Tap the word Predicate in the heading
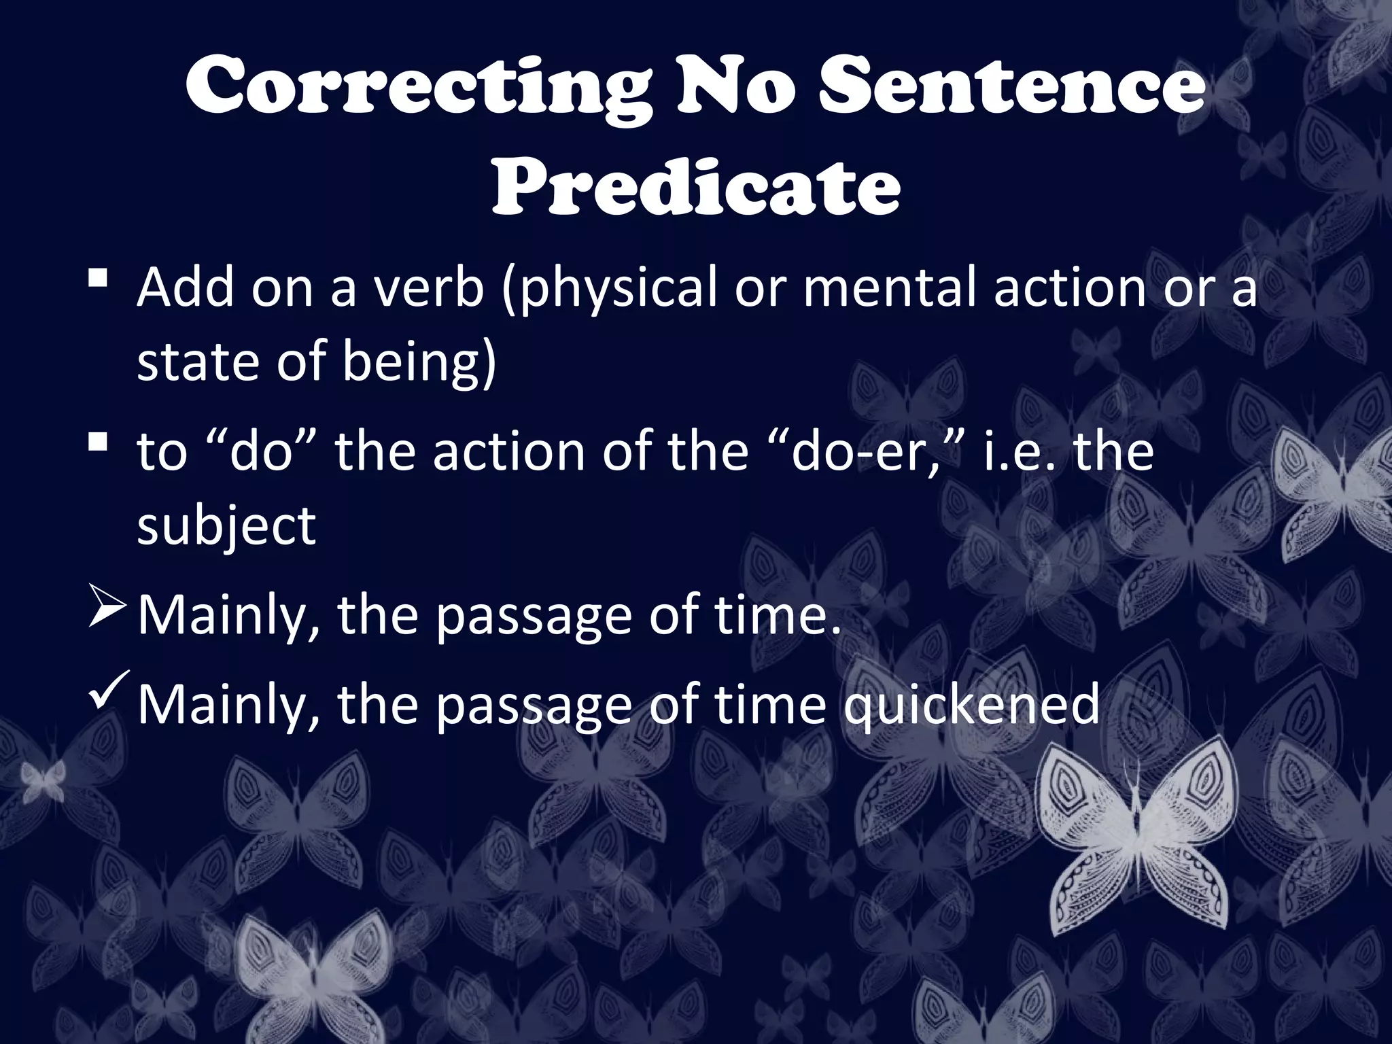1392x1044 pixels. pos(696,186)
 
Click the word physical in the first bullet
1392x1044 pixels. pos(609,289)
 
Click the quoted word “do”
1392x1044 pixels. pos(262,451)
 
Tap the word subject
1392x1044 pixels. pos(226,527)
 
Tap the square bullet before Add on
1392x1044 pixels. pos(99,278)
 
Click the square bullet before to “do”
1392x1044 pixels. pos(99,442)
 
